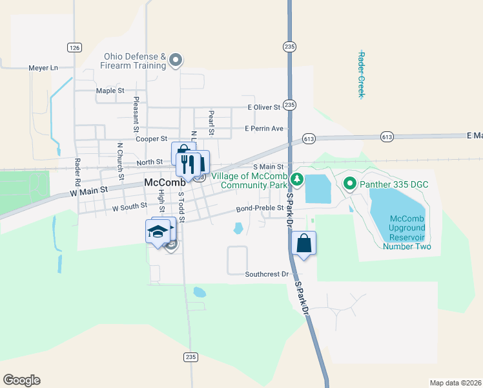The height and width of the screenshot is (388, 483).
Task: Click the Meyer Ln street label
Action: (43, 67)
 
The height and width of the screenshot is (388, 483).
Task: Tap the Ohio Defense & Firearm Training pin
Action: (176, 61)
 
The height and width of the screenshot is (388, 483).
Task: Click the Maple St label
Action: (110, 91)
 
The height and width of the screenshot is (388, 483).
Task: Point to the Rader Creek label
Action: (362, 74)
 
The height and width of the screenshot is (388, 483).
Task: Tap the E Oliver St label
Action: (263, 107)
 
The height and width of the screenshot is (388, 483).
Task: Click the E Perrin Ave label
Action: (264, 129)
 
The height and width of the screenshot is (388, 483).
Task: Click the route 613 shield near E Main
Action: (387, 136)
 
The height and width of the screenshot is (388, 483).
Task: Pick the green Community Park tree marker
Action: (296, 179)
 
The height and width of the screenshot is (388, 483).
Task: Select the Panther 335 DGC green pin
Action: (350, 184)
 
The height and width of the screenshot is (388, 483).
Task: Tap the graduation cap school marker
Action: (157, 231)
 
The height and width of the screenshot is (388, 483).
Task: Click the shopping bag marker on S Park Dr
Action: (304, 244)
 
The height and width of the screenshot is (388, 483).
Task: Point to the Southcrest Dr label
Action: (266, 274)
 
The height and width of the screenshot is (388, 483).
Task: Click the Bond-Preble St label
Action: (260, 208)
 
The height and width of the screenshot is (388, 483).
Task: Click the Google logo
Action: (21, 380)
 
